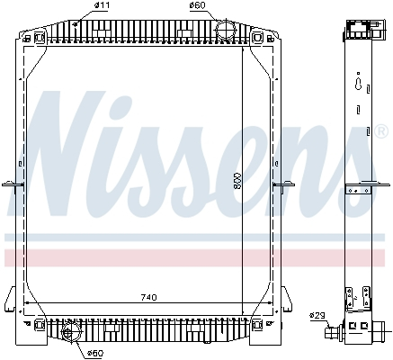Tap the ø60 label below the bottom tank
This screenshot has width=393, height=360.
pyautogui.click(x=94, y=352)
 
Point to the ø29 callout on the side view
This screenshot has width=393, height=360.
pyautogui.click(x=316, y=315)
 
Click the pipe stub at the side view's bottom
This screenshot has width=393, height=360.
pyautogui.click(x=335, y=333)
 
